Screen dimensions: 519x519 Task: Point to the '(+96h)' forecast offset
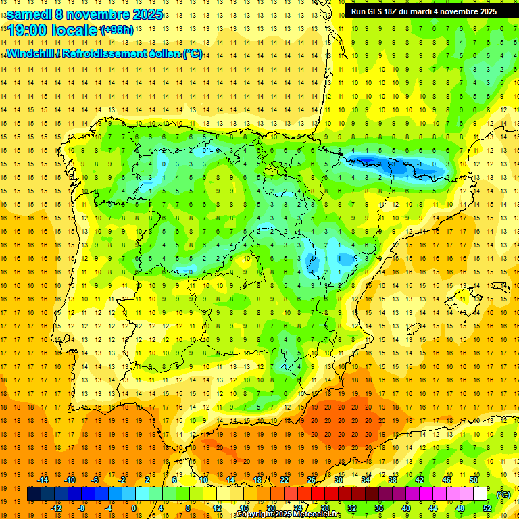(116, 30)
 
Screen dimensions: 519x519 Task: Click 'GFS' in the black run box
(378, 11)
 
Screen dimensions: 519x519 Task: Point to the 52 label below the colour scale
(487, 508)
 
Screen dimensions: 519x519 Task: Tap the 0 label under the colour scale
(134, 508)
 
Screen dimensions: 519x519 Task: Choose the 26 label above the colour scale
(312, 480)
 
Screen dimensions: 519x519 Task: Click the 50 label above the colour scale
(473, 480)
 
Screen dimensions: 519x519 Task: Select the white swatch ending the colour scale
(480, 494)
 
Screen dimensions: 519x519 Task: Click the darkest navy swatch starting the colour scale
(34, 494)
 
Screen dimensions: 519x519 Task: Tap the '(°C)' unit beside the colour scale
(503, 495)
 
